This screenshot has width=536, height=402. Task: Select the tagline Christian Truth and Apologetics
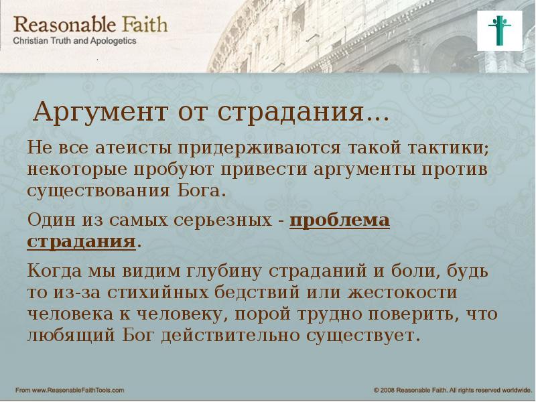pos(76,41)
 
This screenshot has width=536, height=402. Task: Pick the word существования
pos(95,189)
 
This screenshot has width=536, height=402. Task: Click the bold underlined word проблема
pos(340,220)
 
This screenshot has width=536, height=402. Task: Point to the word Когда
pos(54,272)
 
